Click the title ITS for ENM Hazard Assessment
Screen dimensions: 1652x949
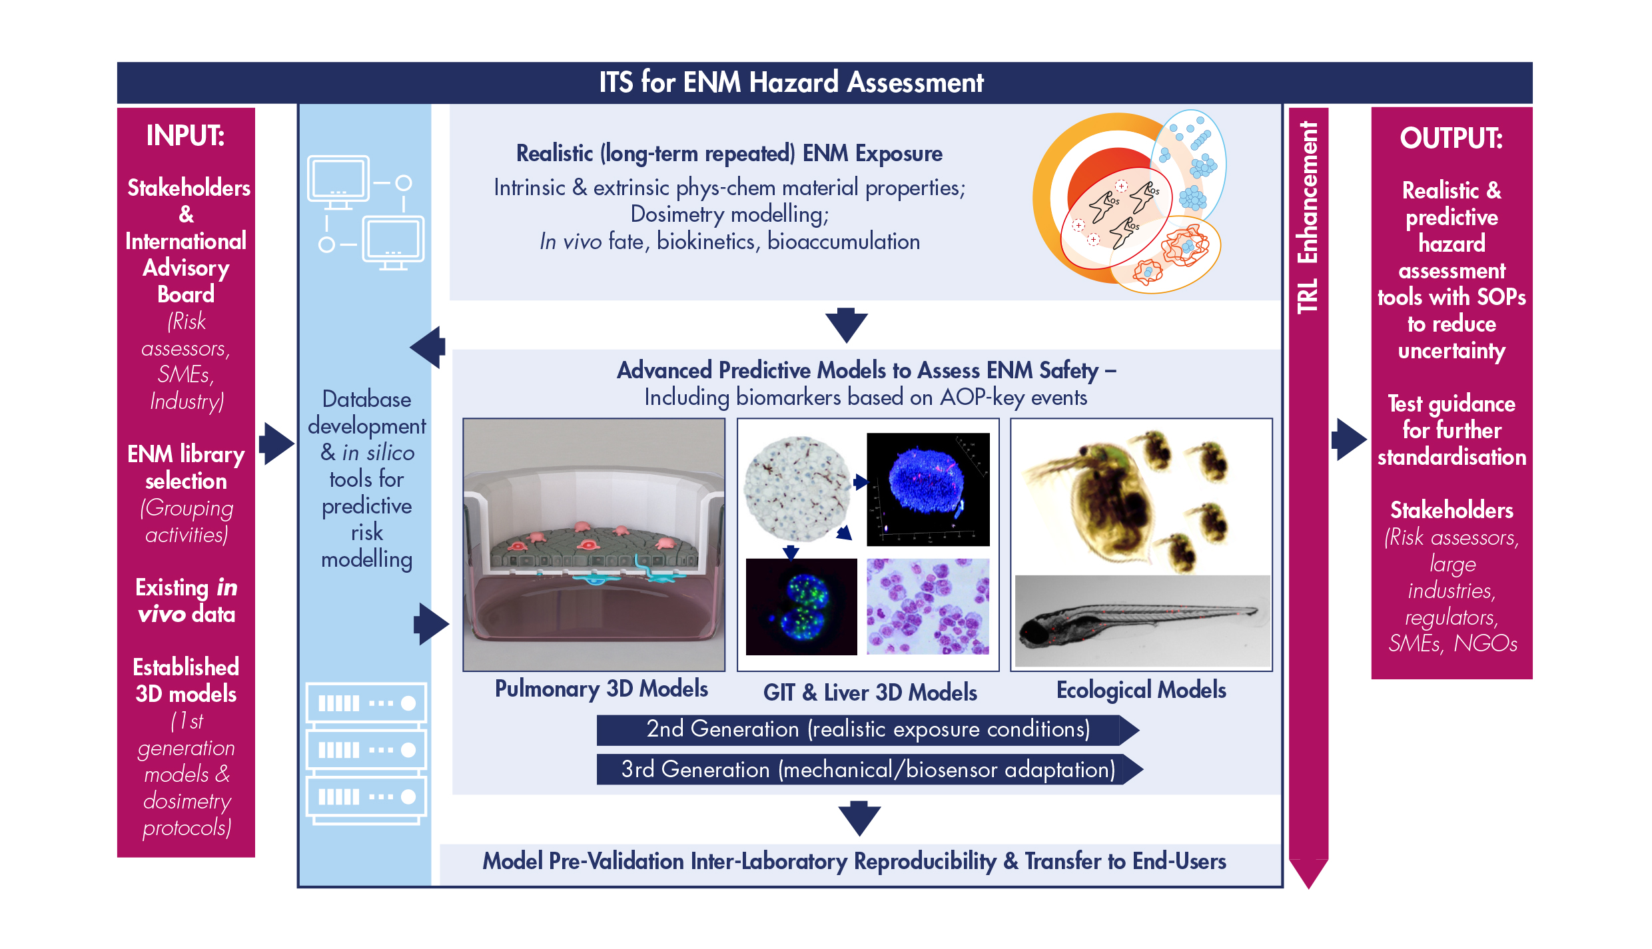791,83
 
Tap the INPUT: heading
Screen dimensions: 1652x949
186,136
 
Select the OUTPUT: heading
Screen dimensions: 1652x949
1451,139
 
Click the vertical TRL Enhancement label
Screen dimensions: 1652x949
1308,216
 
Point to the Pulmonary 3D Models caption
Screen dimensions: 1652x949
601,689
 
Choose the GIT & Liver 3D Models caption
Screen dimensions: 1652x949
870,693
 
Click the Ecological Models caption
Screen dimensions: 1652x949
1141,690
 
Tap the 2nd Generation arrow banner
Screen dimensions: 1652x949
867,730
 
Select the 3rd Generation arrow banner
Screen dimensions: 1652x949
869,770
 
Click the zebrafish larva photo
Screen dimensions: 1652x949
1142,621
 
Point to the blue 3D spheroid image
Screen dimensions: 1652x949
928,489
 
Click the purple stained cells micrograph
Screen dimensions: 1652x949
928,607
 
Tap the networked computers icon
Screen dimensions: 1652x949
366,212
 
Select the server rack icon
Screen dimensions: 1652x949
366,753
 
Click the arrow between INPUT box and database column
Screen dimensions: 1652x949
276,443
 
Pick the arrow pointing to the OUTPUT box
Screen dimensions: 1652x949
1349,439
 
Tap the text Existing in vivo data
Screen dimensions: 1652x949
186,601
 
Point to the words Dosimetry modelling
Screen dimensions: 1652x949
729,214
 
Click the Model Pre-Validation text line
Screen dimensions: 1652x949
854,861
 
